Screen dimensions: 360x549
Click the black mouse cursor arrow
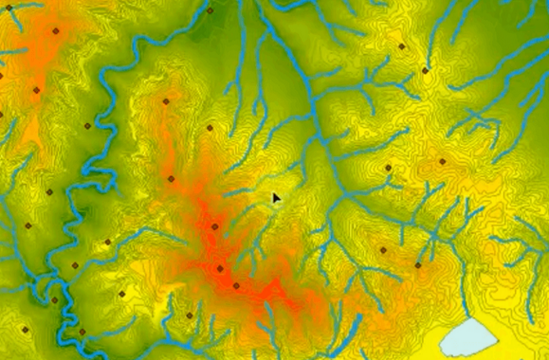point(276,198)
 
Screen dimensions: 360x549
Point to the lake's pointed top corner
point(474,318)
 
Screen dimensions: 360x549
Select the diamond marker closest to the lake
point(418,265)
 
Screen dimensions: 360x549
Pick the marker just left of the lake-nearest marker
point(383,251)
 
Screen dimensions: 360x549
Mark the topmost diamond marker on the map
point(210,10)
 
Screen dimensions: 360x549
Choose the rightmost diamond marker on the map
point(442,161)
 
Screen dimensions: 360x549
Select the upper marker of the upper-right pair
point(402,45)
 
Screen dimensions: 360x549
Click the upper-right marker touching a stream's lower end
point(425,70)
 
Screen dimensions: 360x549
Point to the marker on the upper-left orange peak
point(55,30)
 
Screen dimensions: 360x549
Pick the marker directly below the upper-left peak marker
point(36,91)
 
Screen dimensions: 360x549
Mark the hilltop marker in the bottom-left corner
point(26,330)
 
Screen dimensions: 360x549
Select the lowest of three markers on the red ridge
point(236,285)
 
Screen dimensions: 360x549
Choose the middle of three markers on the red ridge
point(220,268)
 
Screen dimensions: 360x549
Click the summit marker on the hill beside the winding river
point(166,101)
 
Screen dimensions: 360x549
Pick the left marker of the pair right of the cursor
point(388,168)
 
